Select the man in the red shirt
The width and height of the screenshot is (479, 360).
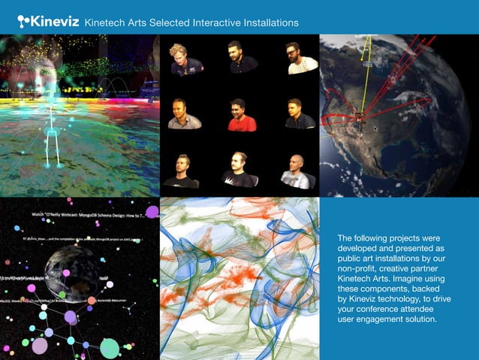(x=241, y=115)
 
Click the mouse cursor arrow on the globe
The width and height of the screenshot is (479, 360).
(x=375, y=128)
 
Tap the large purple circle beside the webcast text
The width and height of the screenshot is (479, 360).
(x=152, y=212)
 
